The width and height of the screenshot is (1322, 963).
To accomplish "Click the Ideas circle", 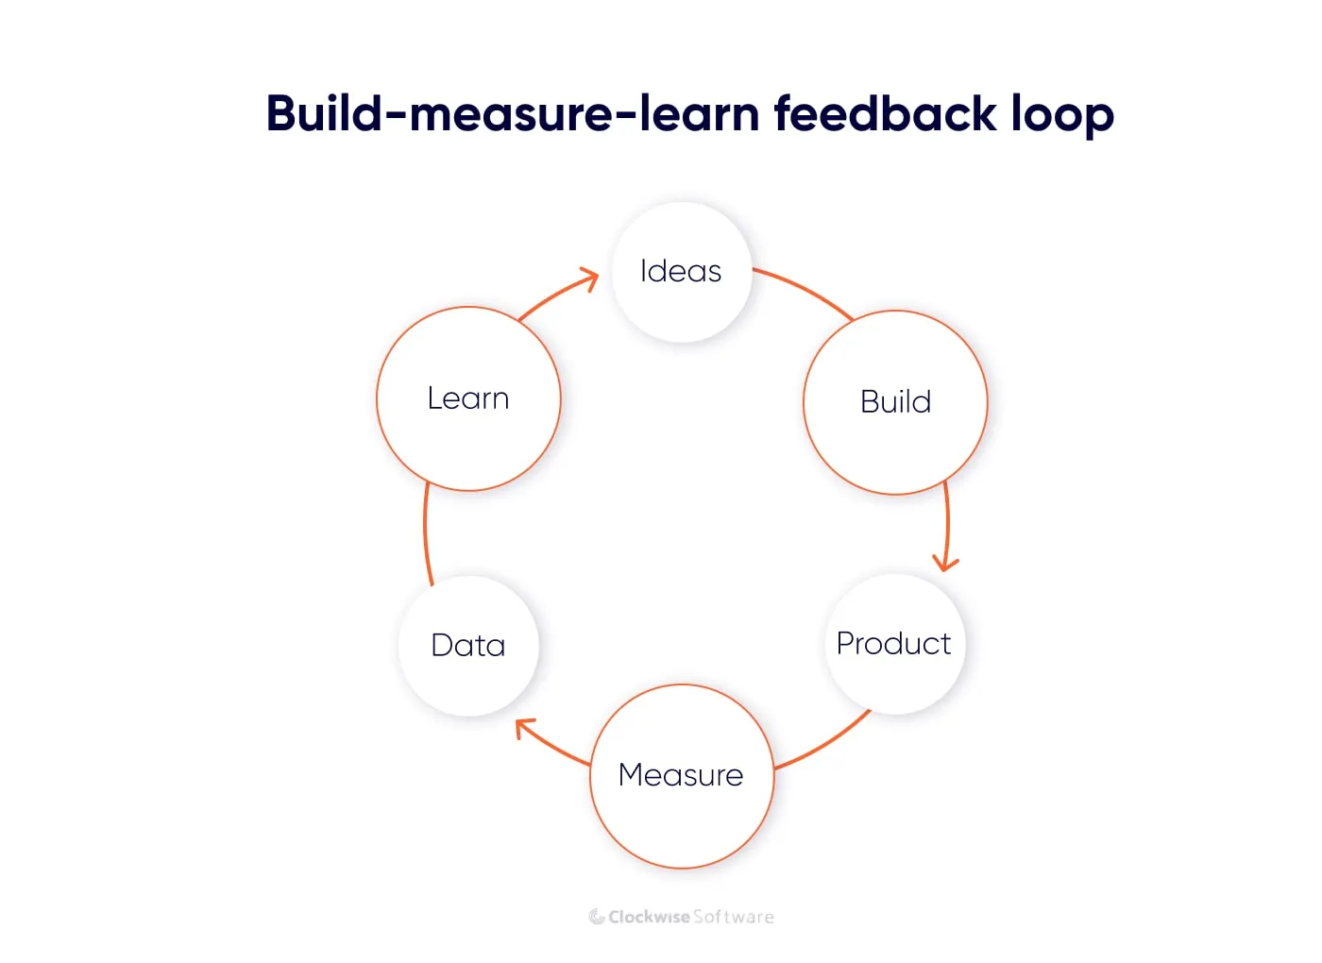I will coord(681,272).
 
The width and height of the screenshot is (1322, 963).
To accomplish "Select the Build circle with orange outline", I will coord(895,402).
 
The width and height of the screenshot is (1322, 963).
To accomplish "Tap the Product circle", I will coord(894,644).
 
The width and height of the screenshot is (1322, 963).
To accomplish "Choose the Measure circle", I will coord(681,775).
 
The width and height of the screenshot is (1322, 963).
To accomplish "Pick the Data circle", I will coord(468,646).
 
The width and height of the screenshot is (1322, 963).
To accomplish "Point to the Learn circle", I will coord(468,398).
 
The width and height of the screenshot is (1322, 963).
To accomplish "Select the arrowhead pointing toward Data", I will coord(525,728).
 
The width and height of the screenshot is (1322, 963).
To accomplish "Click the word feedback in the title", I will coord(885,113).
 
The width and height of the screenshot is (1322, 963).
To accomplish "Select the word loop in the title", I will coord(1062,113).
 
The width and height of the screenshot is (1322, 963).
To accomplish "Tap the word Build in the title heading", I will coord(324,113).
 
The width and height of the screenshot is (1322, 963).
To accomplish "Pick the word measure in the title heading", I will coord(511,113).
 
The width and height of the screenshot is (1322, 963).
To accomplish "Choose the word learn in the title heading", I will coord(699,113).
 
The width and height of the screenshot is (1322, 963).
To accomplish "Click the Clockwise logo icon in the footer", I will coord(597,917).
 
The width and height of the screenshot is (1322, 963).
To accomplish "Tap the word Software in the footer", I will coord(734,917).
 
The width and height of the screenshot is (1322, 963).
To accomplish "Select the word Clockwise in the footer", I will coord(649,917).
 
